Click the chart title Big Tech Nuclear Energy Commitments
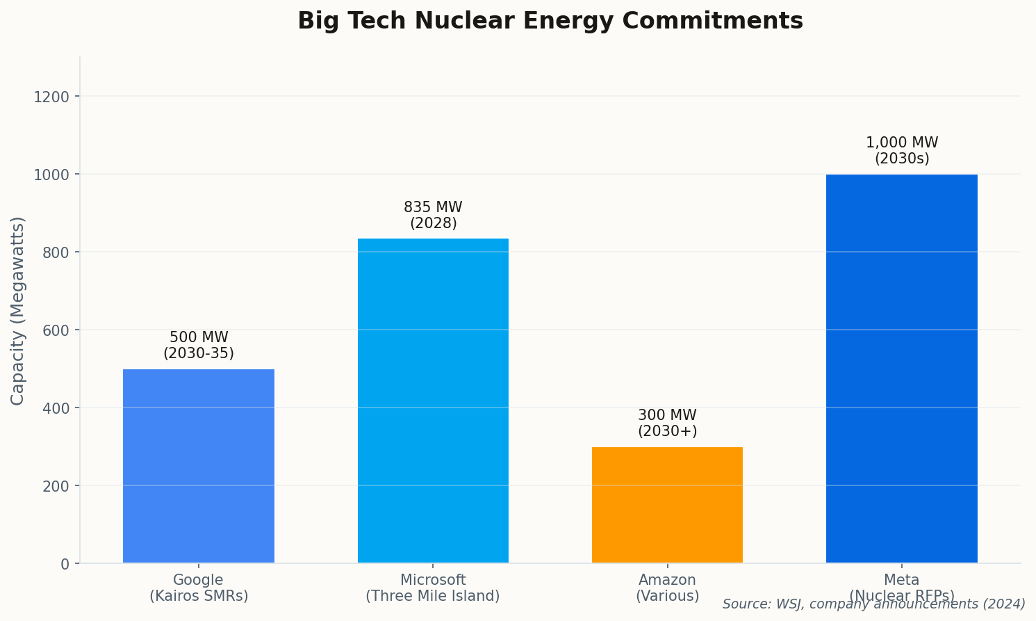[550, 21]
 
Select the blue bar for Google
[199, 466]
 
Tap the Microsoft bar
[433, 401]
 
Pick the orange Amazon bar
[667, 505]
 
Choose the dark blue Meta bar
[901, 369]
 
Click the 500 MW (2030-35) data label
[199, 346]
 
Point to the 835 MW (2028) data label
[433, 216]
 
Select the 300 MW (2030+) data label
[667, 424]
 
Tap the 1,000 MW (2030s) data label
[901, 151]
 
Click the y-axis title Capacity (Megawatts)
[18, 310]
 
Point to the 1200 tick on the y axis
[51, 97]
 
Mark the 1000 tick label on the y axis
[51, 175]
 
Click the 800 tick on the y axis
[56, 252]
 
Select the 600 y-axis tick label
[56, 330]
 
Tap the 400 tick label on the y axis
[56, 408]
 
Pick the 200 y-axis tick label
[56, 486]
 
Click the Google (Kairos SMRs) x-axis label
[199, 588]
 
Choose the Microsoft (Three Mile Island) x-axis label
[433, 588]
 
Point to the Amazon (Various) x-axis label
[667, 588]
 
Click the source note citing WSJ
[873, 604]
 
